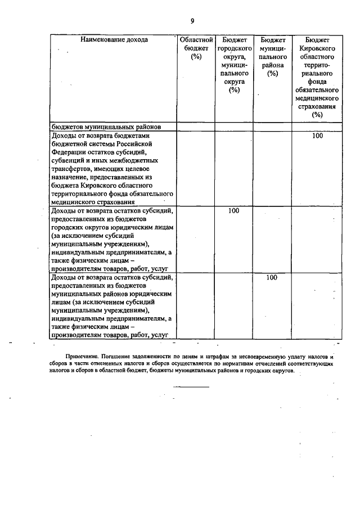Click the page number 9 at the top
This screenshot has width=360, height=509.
click(x=192, y=21)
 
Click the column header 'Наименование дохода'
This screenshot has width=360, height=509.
click(x=114, y=40)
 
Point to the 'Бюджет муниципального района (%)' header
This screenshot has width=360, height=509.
click(x=273, y=56)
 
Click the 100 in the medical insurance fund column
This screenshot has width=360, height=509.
click(x=318, y=136)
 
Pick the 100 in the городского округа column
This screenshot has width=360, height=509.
click(x=235, y=211)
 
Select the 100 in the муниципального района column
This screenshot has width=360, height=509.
click(x=272, y=277)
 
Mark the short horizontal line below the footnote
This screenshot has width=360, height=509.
click(x=191, y=386)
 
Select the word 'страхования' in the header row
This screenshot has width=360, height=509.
click(x=318, y=105)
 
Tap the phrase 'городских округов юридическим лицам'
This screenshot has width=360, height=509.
click(x=112, y=227)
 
